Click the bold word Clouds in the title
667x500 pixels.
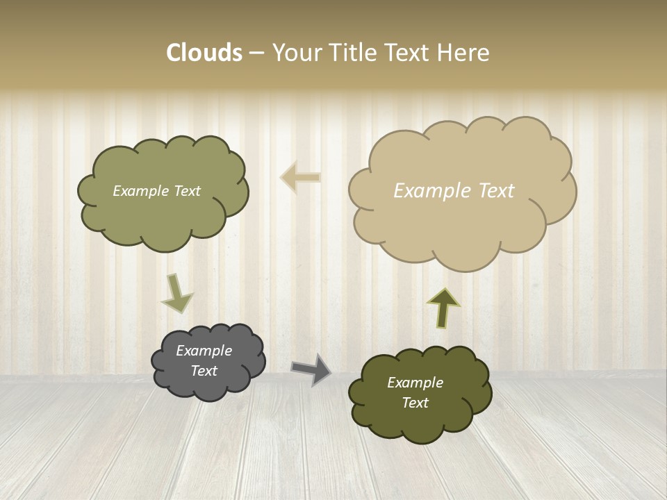pyautogui.click(x=204, y=53)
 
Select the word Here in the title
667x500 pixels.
pyautogui.click(x=463, y=53)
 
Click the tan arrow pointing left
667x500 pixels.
pyautogui.click(x=300, y=178)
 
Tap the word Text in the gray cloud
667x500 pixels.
pyautogui.click(x=204, y=371)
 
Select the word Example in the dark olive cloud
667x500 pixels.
pyautogui.click(x=415, y=383)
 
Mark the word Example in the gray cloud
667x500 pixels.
pyautogui.click(x=204, y=351)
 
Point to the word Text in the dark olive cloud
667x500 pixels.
pyautogui.click(x=415, y=403)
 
